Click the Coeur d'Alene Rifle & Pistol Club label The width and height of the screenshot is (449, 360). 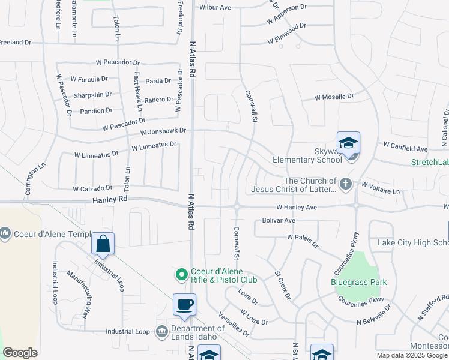pyautogui.click(x=224, y=275)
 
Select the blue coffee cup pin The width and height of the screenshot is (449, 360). pyautogui.click(x=184, y=305)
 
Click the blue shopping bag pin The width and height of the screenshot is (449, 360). pyautogui.click(x=103, y=244)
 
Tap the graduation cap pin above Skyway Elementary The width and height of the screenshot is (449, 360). pyautogui.click(x=348, y=143)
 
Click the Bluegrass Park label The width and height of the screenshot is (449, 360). pyautogui.click(x=359, y=282)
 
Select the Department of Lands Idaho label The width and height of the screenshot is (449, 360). pyautogui.click(x=199, y=332)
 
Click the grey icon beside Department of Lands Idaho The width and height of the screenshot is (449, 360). pyautogui.click(x=161, y=331)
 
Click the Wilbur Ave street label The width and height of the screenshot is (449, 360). pyautogui.click(x=215, y=8)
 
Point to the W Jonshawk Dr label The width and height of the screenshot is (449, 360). pyautogui.click(x=164, y=130)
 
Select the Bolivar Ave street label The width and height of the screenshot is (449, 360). pyautogui.click(x=279, y=221)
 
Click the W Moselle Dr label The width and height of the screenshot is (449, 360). pyautogui.click(x=334, y=97)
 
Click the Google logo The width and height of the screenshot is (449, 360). pyautogui.click(x=20, y=353)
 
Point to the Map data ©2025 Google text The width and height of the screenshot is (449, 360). pyautogui.click(x=411, y=355)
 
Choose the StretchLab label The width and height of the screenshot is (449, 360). pyautogui.click(x=430, y=162)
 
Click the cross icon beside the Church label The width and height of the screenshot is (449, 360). pyautogui.click(x=345, y=184)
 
